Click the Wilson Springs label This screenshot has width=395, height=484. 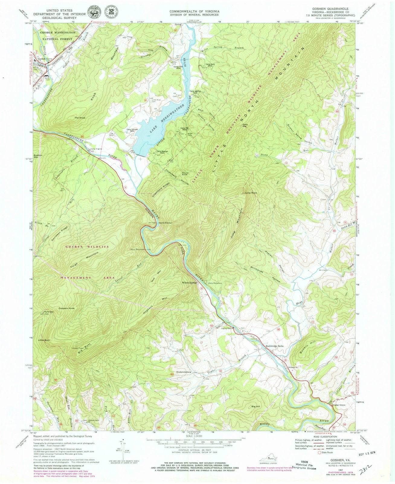(x=189, y=283)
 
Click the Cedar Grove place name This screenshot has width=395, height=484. (x=339, y=405)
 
